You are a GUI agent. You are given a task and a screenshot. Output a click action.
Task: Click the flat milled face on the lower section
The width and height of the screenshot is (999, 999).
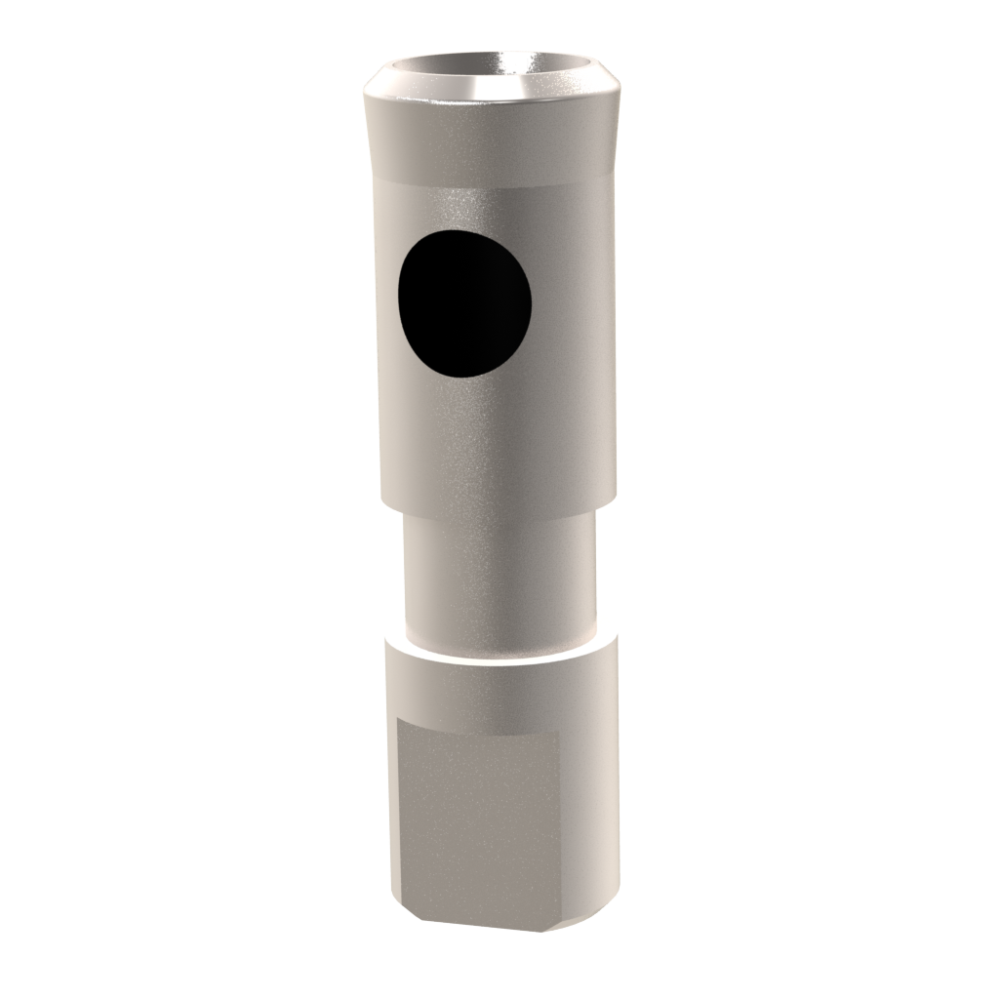pos(478,819)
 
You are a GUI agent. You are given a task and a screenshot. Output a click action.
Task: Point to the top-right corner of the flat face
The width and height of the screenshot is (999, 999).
pos(559,732)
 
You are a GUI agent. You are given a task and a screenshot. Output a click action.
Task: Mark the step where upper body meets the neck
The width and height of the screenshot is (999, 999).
pos(498,511)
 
